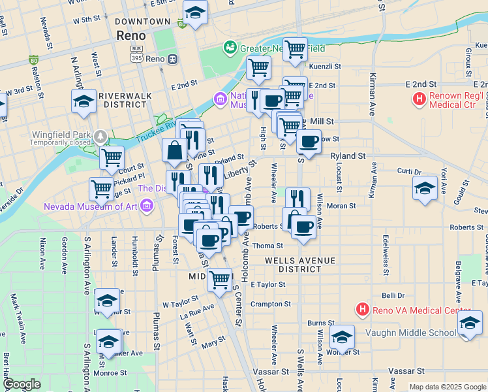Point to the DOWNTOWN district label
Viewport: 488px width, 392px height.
[143, 22]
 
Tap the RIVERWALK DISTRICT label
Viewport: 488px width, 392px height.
[123, 100]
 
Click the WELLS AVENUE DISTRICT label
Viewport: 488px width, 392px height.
[300, 265]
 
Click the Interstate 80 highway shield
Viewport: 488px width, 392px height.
[33, 61]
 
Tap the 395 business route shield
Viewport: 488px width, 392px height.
[136, 58]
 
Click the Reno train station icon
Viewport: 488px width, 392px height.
[172, 59]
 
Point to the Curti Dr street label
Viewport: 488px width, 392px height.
[409, 172]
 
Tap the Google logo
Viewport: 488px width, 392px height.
[23, 385]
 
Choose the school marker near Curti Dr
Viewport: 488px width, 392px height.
[425, 188]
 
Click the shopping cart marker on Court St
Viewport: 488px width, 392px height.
[112, 157]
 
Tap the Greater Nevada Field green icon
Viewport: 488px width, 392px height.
[230, 47]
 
